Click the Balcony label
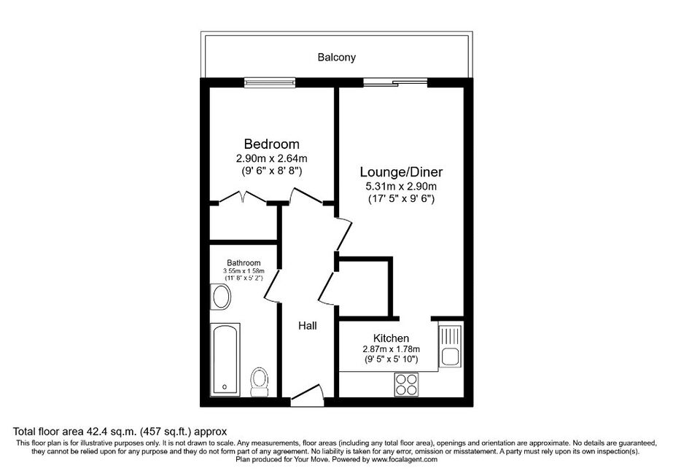337,57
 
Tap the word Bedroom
272,144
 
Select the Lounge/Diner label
401,172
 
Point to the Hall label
307,326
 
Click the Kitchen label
391,338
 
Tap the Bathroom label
244,262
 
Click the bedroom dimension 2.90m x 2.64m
272,158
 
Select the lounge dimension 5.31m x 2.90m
401,187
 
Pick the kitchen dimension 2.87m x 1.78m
391,349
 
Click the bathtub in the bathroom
225,359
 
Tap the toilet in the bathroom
260,382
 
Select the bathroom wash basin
221,297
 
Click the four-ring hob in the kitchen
406,384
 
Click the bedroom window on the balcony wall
270,82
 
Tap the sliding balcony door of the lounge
395,82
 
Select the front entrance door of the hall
307,395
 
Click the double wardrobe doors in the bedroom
243,198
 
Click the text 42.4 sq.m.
112,431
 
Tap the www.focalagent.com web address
405,459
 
